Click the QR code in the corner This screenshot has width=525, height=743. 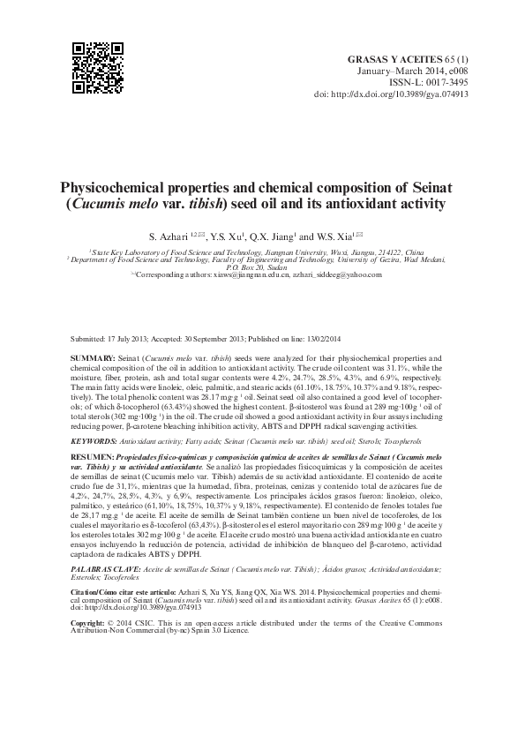pyautogui.click(x=96, y=67)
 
